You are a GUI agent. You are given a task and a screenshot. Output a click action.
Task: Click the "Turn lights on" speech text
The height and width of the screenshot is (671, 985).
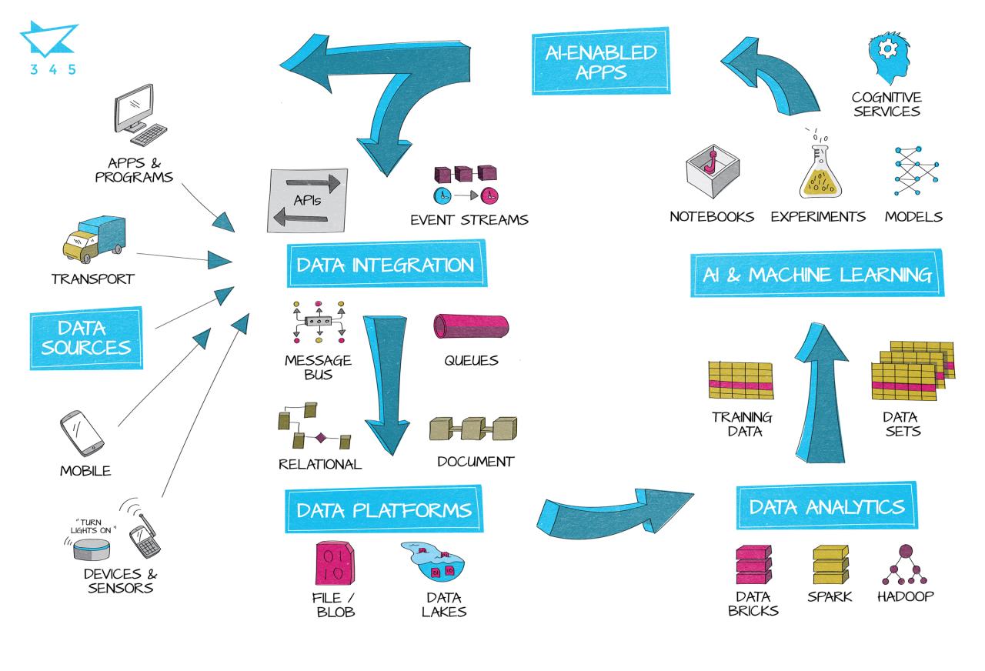tap(92, 526)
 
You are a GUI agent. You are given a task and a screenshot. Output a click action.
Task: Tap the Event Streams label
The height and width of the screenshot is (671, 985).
tap(469, 219)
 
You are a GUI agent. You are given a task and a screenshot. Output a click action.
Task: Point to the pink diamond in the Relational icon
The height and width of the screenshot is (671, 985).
tap(320, 438)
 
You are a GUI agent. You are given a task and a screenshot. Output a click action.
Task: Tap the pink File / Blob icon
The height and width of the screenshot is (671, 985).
tap(336, 564)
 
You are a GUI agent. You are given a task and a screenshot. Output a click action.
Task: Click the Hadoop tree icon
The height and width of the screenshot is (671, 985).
tap(907, 566)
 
